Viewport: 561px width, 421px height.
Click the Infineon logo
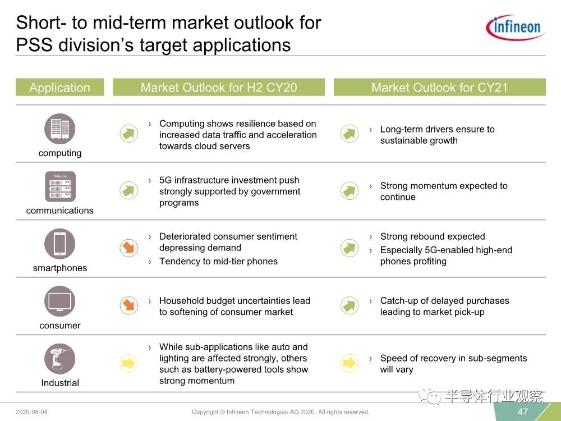[x=515, y=27]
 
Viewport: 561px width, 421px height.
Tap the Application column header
[x=60, y=88]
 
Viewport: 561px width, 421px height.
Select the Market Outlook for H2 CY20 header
[x=219, y=88]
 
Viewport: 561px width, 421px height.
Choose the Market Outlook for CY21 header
[x=440, y=88]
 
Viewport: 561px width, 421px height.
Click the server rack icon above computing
[x=60, y=129]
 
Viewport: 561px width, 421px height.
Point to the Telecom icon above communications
[x=60, y=186]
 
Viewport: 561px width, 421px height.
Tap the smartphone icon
[x=60, y=244]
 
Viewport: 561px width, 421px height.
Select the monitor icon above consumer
[x=60, y=301]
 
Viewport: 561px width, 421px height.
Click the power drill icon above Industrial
[x=60, y=359]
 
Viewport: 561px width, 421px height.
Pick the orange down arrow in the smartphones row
[x=129, y=248]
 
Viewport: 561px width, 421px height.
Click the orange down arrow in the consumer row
[x=129, y=305]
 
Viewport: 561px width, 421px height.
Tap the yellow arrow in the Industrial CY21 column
[x=350, y=363]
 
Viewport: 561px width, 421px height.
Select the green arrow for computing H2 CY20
[x=129, y=134]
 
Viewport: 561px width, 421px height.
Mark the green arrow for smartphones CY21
[x=350, y=248]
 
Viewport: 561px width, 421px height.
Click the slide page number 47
[x=523, y=411]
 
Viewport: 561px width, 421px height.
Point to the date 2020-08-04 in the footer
[x=31, y=411]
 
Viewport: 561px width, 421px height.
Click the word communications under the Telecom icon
[x=60, y=210]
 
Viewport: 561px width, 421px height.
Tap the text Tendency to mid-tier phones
[x=218, y=262]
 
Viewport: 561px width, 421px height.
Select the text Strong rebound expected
[x=433, y=236]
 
